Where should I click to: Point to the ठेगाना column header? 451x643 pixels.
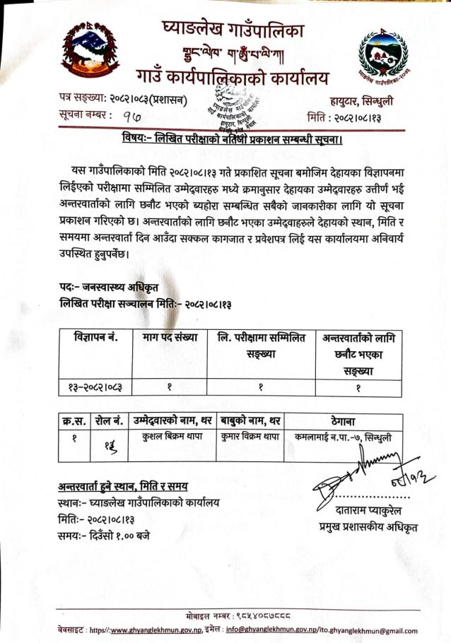344,422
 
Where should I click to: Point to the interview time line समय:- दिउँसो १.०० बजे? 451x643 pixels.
104,535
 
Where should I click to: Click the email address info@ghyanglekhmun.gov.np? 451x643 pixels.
278,630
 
